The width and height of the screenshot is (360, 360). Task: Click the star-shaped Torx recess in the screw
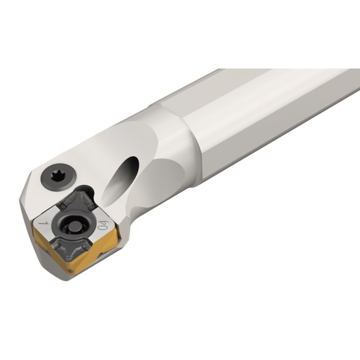pyautogui.click(x=58, y=176)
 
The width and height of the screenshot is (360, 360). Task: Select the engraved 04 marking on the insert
pyautogui.click(x=103, y=224)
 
